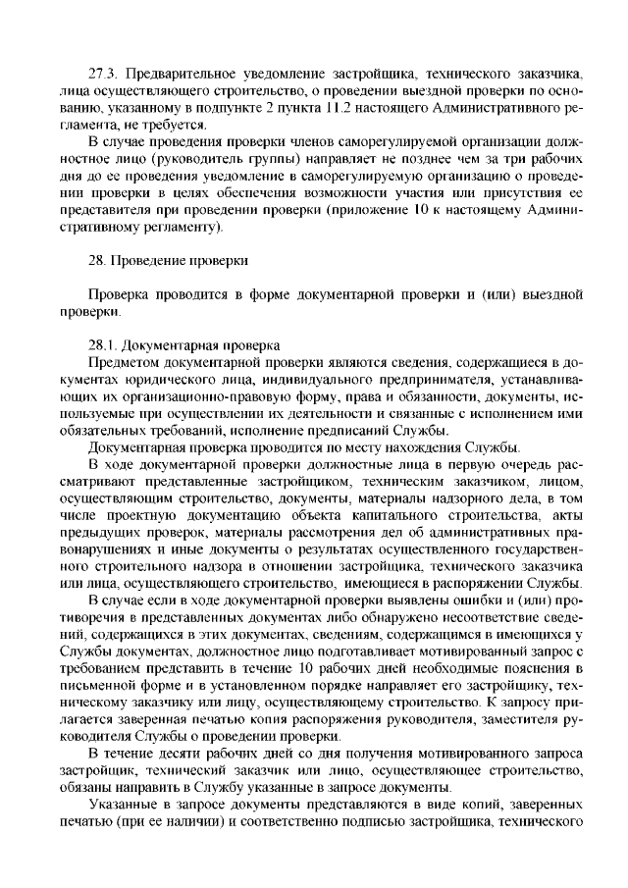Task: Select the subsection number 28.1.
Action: (x=102, y=345)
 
